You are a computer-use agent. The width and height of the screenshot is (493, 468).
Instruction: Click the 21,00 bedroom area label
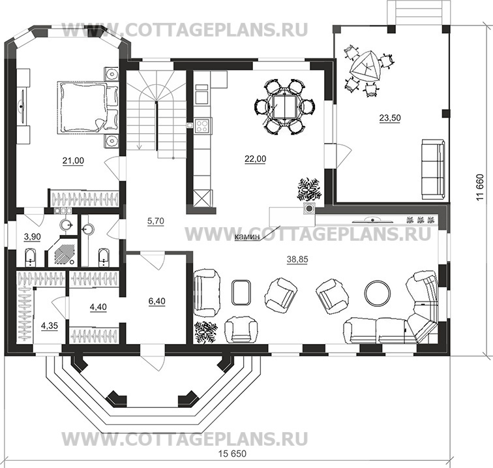pos(73,161)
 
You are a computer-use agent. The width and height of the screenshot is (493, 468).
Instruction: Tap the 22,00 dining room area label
pos(256,159)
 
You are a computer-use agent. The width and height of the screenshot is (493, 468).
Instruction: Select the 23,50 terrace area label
pos(390,118)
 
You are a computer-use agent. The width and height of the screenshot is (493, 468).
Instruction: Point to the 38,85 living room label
pos(297,260)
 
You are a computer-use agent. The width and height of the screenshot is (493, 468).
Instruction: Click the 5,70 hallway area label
pos(156,221)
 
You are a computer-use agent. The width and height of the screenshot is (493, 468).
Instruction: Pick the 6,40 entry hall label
pos(157,301)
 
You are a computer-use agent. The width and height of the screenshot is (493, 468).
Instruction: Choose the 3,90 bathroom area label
pos(33,236)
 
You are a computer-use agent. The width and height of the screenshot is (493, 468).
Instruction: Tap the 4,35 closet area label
pos(50,326)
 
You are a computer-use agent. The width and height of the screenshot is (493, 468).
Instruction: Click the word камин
pos(248,237)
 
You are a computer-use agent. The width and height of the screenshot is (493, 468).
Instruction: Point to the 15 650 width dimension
pos(232,454)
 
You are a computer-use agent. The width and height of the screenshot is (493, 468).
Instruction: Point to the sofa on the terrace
pos(433,169)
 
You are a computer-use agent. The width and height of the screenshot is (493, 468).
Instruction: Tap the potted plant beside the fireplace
pos(308,189)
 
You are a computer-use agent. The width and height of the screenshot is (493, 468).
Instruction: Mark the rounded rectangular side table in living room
pos(241,292)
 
